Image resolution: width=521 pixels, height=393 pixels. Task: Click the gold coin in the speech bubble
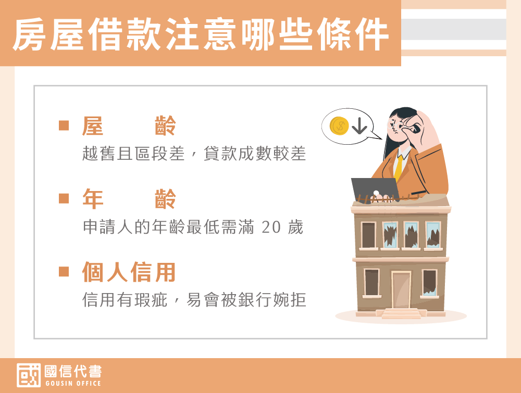pos(339,126)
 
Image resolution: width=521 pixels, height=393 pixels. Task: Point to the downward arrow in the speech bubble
pos(359,126)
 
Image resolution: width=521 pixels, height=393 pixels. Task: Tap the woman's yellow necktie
pos(399,167)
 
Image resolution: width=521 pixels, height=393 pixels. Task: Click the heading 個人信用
pos(129,272)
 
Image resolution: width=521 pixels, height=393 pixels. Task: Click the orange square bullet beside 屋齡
pos(64,125)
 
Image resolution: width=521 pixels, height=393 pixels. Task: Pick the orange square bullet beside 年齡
pos(64,198)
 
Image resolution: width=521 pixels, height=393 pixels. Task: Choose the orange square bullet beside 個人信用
pos(64,272)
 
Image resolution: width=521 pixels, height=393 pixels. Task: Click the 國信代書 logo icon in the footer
pos(29,375)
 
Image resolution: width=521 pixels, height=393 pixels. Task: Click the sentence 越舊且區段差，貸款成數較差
pos(194,154)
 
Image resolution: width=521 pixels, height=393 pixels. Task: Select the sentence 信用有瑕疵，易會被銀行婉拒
pos(194,300)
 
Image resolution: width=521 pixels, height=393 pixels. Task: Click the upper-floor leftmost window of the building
pos(368,235)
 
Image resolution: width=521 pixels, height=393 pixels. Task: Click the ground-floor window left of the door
pos(371,283)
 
